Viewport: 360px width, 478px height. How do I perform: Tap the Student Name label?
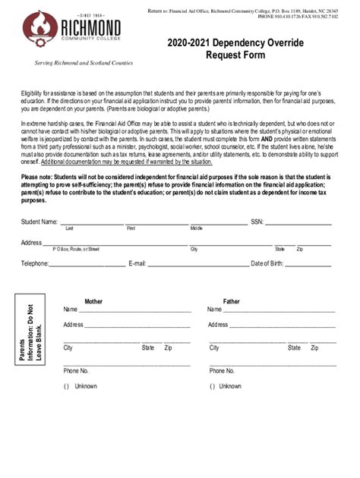pos(39,222)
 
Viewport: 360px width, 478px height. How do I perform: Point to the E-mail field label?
pos(137,263)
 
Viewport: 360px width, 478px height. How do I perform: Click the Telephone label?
pos(35,263)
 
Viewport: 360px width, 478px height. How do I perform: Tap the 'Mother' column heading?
pos(93,301)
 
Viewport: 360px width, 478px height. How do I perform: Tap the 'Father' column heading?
pos(231,301)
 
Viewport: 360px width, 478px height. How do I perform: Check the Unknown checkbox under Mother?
pos(66,386)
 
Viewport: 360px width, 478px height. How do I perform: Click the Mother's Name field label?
pos(71,310)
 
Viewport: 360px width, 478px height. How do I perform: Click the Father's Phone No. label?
pos(222,371)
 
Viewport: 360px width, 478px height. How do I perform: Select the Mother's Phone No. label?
pos(76,371)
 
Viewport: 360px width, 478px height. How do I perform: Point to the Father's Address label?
pos(218,325)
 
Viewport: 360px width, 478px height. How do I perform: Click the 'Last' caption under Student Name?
pos(69,228)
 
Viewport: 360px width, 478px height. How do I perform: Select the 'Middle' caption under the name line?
pos(197,228)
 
